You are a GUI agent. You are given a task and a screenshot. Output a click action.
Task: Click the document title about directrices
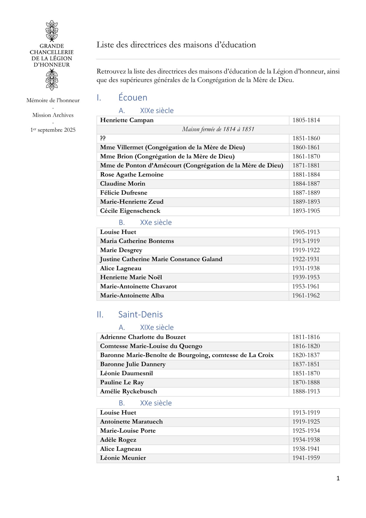[x=176, y=45]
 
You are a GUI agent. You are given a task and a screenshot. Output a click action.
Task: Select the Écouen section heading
[x=133, y=97]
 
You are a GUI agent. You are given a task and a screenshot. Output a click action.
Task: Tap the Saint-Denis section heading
[x=140, y=314]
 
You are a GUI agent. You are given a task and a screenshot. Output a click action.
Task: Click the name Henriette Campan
[x=127, y=120]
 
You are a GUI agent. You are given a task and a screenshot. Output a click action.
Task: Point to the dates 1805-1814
[x=306, y=120]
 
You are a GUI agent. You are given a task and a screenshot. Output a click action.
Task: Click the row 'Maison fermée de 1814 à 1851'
[x=218, y=129]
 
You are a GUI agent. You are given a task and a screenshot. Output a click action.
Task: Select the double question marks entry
[x=103, y=138]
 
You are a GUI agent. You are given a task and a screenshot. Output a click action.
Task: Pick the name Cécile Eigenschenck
[x=130, y=211]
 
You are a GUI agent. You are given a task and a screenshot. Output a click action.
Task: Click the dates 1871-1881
[x=306, y=166]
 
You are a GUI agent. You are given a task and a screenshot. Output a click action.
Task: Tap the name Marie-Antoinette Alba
[x=132, y=296]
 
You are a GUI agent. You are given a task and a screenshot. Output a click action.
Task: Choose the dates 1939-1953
[x=306, y=277]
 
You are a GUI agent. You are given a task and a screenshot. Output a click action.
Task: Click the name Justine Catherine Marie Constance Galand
[x=161, y=259]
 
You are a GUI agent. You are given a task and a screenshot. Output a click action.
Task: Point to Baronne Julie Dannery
[x=133, y=364]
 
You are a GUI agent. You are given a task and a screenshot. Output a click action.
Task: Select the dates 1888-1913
[x=306, y=391]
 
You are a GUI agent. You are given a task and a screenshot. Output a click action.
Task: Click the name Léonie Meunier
[x=123, y=458]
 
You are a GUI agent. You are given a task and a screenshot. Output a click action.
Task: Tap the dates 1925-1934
[x=306, y=431]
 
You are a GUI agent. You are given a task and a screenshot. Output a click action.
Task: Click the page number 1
[x=338, y=478]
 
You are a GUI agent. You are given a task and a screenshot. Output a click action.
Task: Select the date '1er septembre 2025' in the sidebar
[x=53, y=130]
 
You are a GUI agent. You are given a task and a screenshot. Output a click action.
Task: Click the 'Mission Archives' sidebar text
[x=53, y=115]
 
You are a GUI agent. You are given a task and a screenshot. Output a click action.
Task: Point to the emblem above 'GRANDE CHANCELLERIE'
[x=52, y=31]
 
